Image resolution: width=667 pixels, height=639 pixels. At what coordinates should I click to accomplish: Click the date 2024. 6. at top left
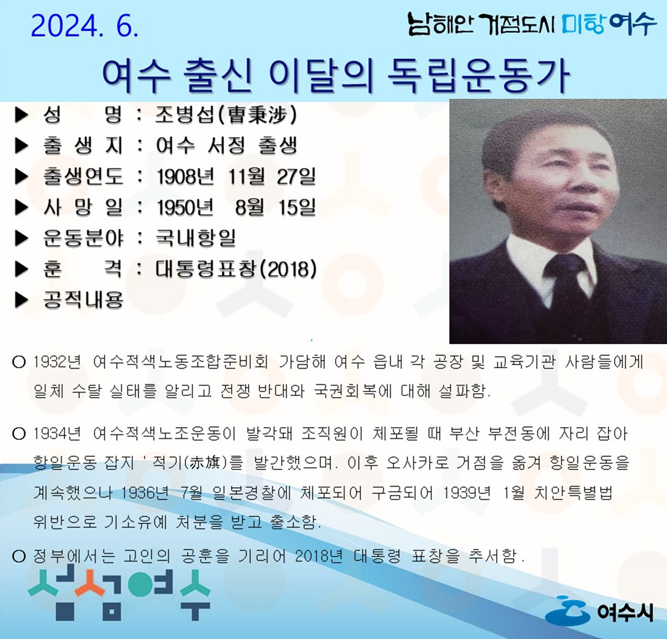[x=84, y=26]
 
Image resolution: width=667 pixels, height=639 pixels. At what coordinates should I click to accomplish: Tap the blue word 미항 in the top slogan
[x=583, y=24]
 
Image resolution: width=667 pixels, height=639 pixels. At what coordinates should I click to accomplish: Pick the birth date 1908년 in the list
[x=186, y=177]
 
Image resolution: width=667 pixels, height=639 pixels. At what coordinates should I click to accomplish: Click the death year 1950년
[x=186, y=207]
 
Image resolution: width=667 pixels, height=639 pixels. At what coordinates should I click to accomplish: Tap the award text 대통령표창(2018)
[x=236, y=269]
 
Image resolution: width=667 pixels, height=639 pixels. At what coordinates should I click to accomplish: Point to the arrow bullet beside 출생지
[x=21, y=146]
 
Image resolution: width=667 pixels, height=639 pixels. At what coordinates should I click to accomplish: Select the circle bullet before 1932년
[x=19, y=362]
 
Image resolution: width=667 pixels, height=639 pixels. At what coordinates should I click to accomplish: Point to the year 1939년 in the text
[x=466, y=493]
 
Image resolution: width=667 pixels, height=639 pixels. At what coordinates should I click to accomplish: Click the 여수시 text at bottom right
[x=625, y=612]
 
